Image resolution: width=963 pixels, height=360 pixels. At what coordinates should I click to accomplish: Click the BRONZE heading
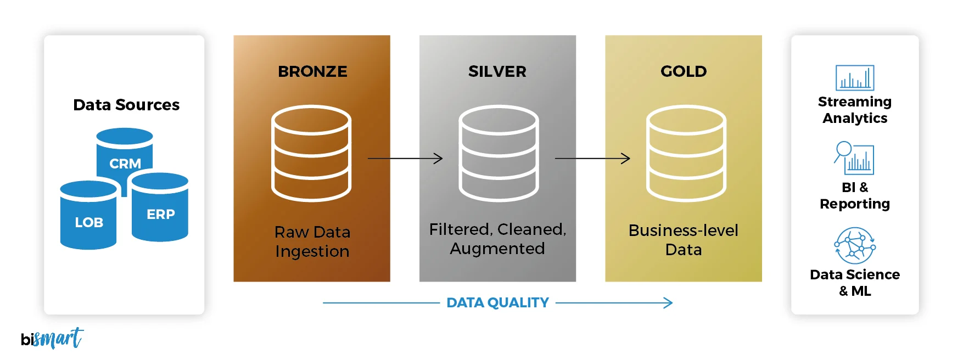[312, 71]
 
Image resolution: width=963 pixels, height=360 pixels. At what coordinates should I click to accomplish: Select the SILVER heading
[497, 71]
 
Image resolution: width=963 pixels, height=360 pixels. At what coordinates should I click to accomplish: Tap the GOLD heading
[684, 71]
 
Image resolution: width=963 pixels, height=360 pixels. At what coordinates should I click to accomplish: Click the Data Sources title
[126, 105]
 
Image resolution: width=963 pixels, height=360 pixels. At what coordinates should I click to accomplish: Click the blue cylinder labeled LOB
[88, 217]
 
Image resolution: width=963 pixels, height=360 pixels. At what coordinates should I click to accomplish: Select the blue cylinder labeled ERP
[160, 209]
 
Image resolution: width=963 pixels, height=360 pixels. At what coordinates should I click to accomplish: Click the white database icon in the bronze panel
[311, 154]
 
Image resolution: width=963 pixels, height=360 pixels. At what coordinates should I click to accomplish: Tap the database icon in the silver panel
[499, 154]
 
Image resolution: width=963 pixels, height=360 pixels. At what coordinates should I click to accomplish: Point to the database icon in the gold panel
[686, 154]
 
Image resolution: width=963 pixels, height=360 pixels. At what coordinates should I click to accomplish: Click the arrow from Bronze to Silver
[405, 159]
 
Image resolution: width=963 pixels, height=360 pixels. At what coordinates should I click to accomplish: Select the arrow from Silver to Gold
[592, 159]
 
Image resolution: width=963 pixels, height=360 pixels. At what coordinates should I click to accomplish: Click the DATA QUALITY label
[497, 303]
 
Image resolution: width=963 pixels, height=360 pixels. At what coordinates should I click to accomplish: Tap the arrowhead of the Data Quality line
[668, 303]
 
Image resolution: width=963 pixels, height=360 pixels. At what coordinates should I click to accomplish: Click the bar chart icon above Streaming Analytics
[855, 78]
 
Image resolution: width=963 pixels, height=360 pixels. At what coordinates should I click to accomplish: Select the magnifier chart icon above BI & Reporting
[854, 158]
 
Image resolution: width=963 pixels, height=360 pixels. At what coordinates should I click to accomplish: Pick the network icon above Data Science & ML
[855, 246]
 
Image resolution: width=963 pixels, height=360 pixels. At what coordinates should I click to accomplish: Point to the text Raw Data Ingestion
[312, 241]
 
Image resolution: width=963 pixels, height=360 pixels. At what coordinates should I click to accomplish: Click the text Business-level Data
[684, 240]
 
